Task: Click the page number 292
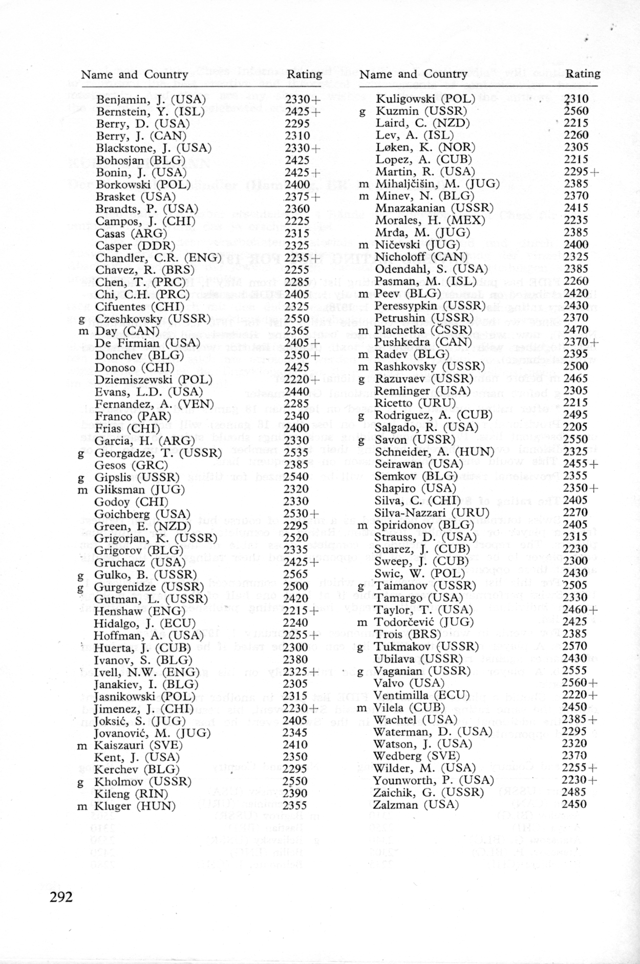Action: click(61, 897)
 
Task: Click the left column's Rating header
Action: click(304, 75)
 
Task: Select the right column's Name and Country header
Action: click(413, 74)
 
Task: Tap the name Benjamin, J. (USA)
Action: click(151, 99)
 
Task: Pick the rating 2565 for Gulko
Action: click(295, 575)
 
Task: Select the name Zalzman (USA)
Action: click(416, 804)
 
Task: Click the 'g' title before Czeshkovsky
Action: click(81, 319)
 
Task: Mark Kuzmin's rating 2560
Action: click(576, 111)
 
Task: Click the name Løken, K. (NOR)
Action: click(425, 147)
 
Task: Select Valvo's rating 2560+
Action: click(580, 683)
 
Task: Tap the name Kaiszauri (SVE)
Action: click(137, 745)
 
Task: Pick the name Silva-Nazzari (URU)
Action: click(432, 513)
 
